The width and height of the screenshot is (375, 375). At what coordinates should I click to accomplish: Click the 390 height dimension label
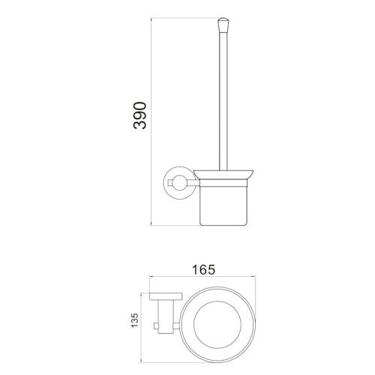[x=139, y=115]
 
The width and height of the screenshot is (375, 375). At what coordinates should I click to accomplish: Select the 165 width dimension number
[x=203, y=270]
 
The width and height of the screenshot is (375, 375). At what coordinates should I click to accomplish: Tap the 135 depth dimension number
[x=134, y=320]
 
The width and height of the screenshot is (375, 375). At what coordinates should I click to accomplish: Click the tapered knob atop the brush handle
[x=223, y=25]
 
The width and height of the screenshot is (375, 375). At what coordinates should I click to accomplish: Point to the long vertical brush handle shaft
[x=223, y=101]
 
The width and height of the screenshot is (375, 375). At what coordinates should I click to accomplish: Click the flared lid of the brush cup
[x=223, y=175]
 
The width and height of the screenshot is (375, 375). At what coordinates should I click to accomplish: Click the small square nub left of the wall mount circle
[x=171, y=183]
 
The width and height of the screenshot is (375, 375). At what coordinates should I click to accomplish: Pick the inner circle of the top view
[x=217, y=301]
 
